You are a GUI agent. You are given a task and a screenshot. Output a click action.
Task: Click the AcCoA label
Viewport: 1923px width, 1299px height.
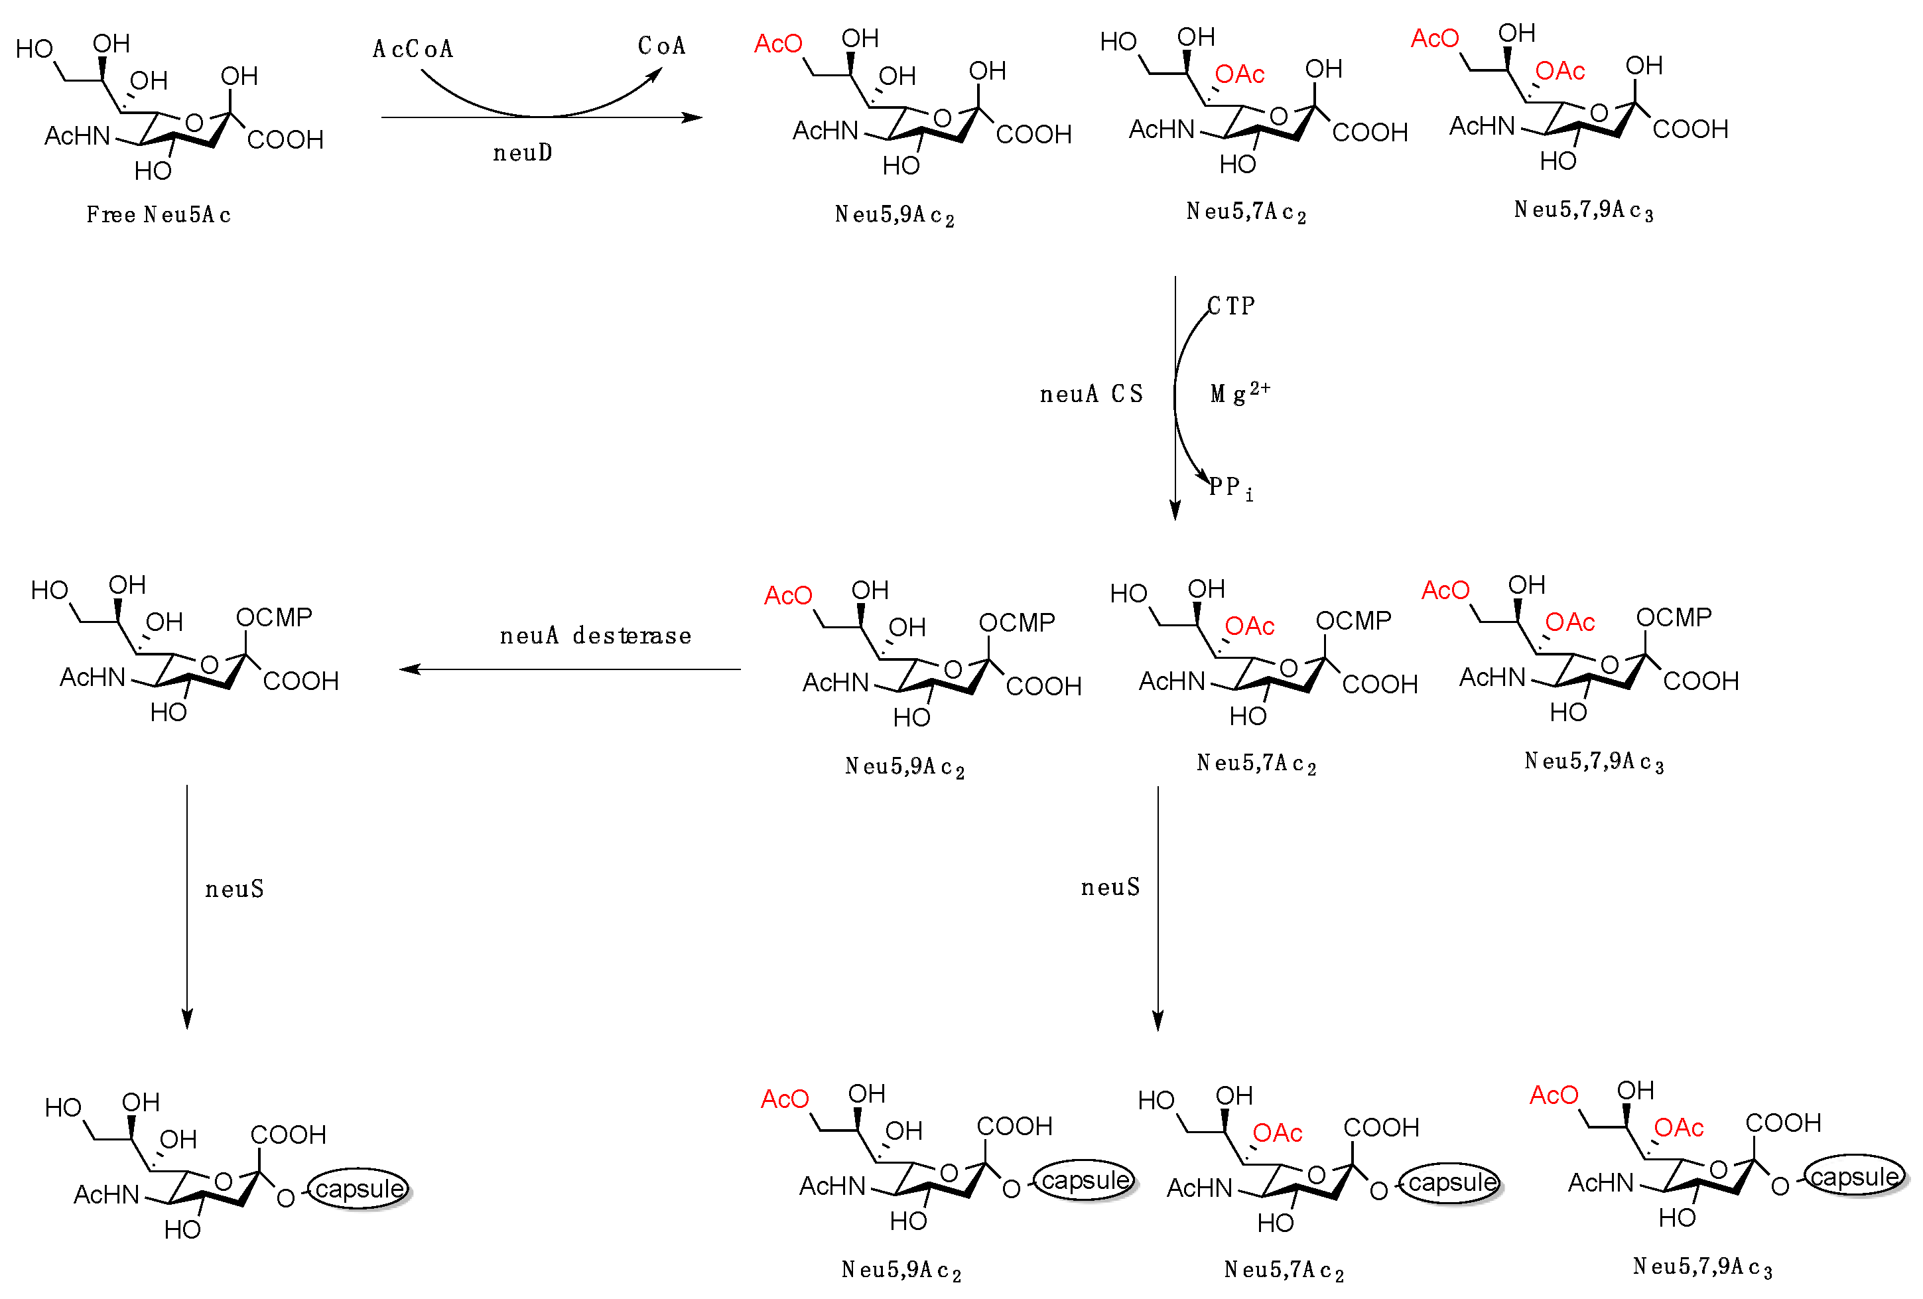(413, 49)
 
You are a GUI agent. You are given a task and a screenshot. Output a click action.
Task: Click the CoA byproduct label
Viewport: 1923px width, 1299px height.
(661, 46)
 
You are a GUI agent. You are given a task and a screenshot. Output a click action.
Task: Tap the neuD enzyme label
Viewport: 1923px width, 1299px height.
(522, 152)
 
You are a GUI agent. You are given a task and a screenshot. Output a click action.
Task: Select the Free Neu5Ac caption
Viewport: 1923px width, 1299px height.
(158, 214)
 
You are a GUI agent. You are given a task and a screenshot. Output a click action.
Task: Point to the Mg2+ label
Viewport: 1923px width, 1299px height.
(1238, 392)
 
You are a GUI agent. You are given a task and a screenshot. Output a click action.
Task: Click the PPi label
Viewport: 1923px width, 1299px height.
(1230, 488)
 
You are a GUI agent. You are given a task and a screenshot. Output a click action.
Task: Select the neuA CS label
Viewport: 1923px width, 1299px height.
(1091, 394)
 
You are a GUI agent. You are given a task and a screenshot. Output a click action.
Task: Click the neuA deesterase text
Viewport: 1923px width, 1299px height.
(595, 636)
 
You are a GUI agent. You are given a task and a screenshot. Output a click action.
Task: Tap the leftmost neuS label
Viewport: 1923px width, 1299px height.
(234, 888)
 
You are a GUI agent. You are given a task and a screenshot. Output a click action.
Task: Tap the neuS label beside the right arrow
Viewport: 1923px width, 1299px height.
(1110, 887)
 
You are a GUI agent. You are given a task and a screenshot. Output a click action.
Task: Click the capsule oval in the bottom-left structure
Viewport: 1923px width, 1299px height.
(359, 1189)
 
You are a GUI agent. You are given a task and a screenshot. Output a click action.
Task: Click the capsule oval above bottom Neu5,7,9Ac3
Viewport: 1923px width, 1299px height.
(1854, 1176)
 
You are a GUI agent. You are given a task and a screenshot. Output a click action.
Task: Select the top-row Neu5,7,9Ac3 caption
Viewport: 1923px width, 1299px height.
(1583, 210)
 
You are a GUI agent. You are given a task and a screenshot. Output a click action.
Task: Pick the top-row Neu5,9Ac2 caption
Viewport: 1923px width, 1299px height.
(894, 215)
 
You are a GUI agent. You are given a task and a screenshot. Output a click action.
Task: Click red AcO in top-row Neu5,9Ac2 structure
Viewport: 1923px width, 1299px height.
(778, 44)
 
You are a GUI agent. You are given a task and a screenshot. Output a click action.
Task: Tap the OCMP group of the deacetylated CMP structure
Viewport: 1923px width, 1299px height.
(274, 617)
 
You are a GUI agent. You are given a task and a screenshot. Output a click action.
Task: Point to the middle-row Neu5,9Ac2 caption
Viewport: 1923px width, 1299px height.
(903, 767)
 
